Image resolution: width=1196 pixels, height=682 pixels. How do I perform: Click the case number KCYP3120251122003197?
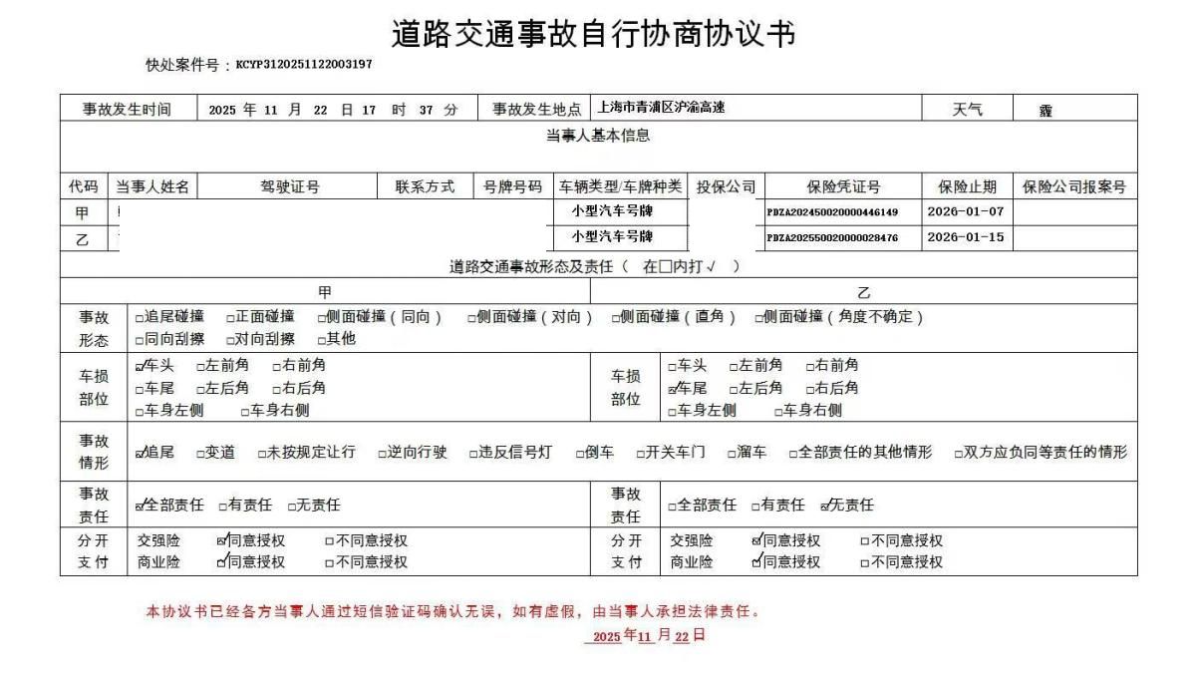[x=304, y=65]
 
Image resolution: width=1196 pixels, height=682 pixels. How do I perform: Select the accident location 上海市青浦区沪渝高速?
[x=661, y=108]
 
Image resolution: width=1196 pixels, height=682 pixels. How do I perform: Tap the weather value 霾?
[x=1046, y=111]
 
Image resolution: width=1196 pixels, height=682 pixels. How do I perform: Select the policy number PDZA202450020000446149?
[x=832, y=211]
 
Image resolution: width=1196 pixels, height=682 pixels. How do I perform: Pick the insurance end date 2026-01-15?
[x=965, y=237]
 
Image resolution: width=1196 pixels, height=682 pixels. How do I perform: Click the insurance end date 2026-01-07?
[x=965, y=211]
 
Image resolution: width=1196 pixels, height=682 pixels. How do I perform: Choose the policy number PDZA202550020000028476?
[x=832, y=238]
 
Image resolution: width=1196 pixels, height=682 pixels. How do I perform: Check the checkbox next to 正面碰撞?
[x=231, y=318]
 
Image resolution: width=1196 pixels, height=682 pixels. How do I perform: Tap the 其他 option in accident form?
[x=322, y=339]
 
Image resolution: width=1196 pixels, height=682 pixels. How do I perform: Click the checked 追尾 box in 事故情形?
[x=141, y=454]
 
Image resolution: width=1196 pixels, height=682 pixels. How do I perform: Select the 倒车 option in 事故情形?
[x=580, y=454]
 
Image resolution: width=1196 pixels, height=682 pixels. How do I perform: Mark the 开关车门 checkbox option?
[x=642, y=454]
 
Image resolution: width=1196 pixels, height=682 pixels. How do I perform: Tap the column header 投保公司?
[x=726, y=186]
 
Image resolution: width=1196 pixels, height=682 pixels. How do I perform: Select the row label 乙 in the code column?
[x=82, y=239]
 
